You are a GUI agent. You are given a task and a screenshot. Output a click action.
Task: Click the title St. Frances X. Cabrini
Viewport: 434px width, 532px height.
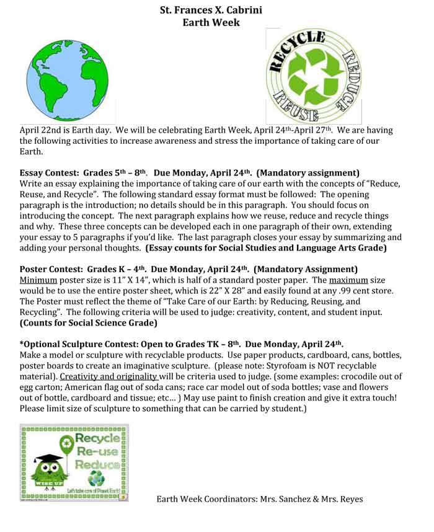(211, 10)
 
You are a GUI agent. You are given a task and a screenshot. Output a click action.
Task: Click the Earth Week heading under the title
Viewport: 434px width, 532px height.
(211, 22)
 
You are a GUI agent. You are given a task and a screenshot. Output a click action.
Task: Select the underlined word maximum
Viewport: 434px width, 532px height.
(351, 280)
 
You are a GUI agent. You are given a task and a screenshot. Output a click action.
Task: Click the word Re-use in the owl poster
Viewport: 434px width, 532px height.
(97, 453)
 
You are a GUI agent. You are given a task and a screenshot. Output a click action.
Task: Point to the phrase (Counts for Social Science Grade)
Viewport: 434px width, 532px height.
(88, 322)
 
